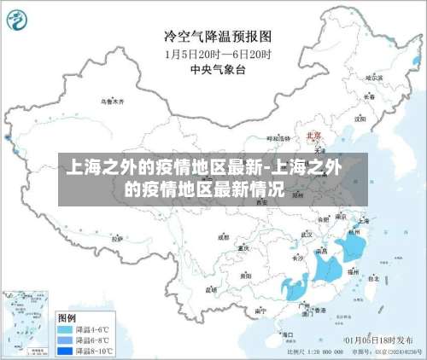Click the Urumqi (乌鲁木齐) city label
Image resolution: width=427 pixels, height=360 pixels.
pyautogui.click(x=113, y=101)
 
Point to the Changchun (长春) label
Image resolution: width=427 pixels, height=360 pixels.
pyautogui.click(x=369, y=96)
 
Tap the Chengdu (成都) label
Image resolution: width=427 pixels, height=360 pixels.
pyautogui.click(x=224, y=237)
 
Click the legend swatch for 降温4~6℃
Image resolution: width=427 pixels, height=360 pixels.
pyautogui.click(x=63, y=328)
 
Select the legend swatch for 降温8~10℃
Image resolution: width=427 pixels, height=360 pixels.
pyautogui.click(x=63, y=350)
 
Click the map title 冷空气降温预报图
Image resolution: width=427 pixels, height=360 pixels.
pyautogui.click(x=217, y=37)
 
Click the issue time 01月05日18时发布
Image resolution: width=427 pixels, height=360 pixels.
pyautogui.click(x=377, y=340)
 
